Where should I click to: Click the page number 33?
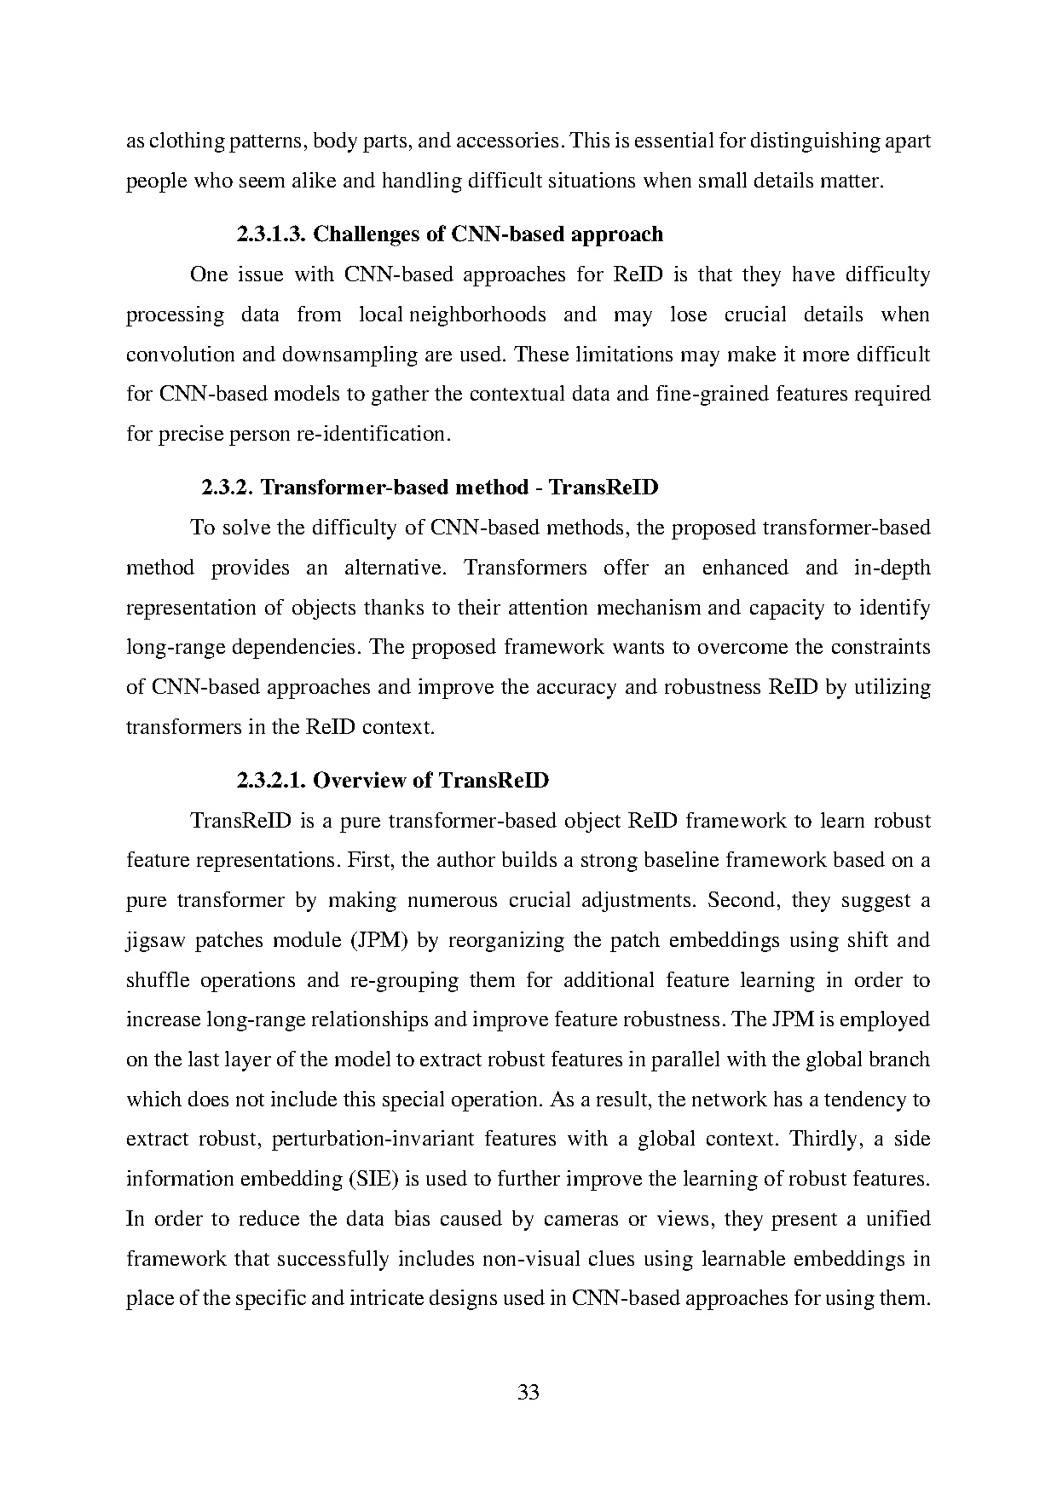click(528, 1392)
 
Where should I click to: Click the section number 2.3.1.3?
click(270, 234)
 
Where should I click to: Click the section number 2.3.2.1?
click(270, 780)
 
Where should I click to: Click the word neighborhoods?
click(478, 315)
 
